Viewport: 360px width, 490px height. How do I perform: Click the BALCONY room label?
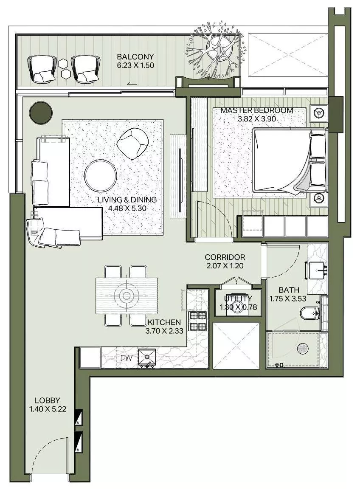[135, 56]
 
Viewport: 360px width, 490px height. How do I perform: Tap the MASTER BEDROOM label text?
[256, 110]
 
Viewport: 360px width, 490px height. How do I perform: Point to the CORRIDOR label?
[225, 257]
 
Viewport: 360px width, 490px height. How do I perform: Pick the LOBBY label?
[47, 400]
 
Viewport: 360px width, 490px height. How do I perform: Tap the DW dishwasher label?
[126, 358]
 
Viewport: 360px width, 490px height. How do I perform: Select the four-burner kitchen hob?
[197, 321]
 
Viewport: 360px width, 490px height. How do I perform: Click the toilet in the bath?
[309, 314]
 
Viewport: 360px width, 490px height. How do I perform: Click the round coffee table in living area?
[101, 176]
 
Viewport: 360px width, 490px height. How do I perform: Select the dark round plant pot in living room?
[41, 112]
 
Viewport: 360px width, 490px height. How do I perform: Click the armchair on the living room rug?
[132, 142]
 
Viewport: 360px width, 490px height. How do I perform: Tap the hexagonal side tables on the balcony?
[65, 68]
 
